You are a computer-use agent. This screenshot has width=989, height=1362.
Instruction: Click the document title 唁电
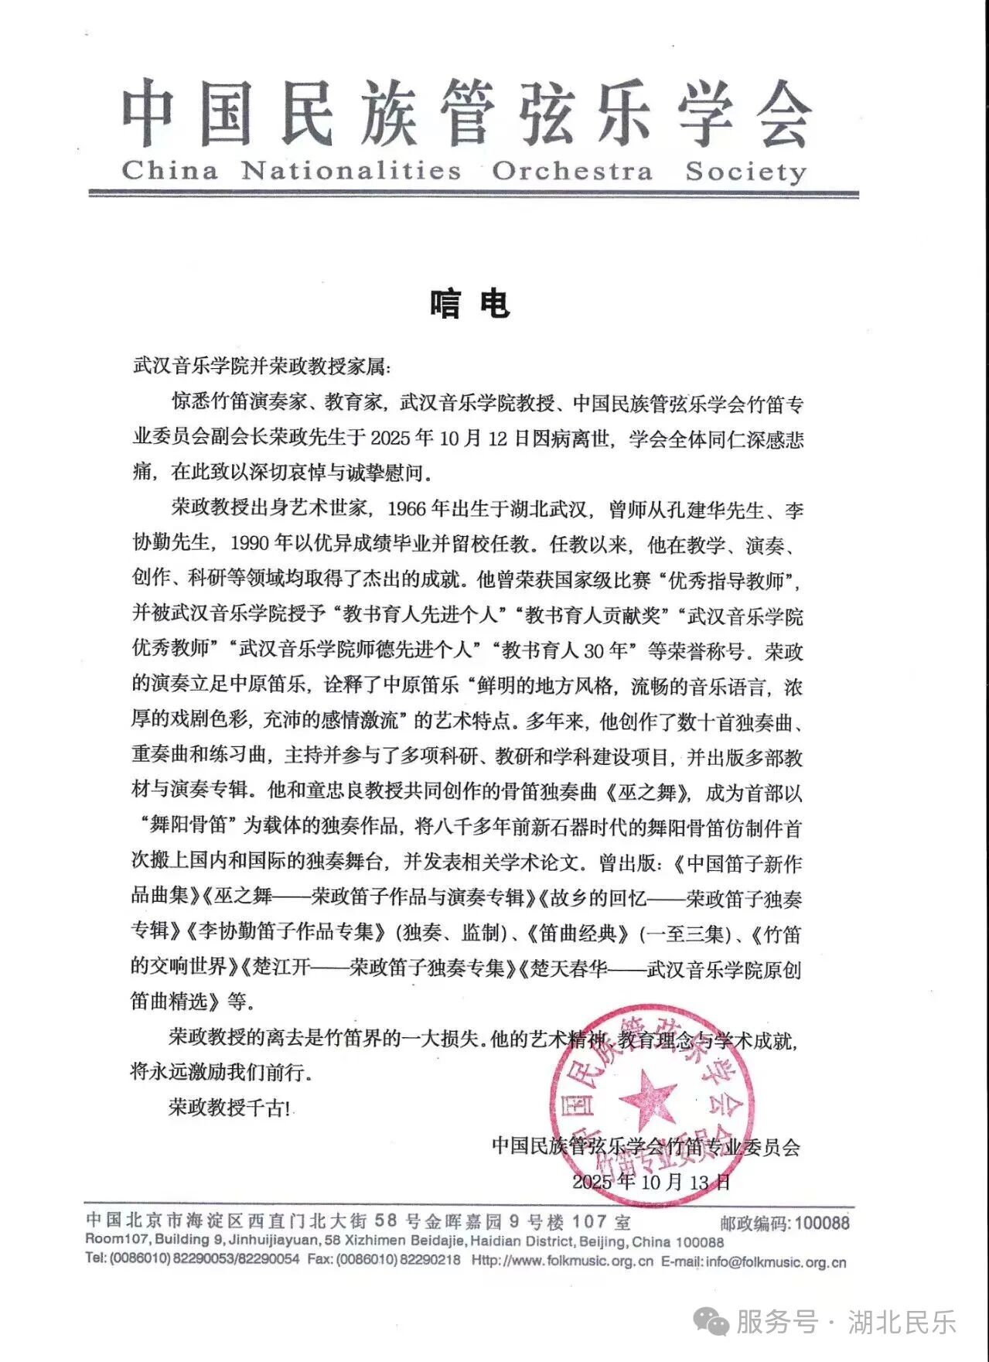tap(469, 303)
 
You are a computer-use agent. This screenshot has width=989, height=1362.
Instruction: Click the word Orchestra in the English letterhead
tap(572, 171)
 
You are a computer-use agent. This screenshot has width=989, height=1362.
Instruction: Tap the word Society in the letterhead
tap(745, 172)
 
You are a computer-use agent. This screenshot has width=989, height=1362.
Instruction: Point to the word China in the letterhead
tap(169, 170)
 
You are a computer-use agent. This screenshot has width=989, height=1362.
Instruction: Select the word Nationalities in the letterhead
tap(350, 170)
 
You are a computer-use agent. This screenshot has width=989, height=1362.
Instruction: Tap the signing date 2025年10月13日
tap(651, 1181)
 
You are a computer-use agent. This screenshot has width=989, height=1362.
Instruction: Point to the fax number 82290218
tap(430, 1260)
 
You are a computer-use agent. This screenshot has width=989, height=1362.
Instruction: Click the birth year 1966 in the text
tap(407, 510)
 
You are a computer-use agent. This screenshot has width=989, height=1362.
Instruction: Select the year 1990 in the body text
tap(251, 544)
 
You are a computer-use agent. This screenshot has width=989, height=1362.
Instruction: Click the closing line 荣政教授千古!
tap(230, 1108)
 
